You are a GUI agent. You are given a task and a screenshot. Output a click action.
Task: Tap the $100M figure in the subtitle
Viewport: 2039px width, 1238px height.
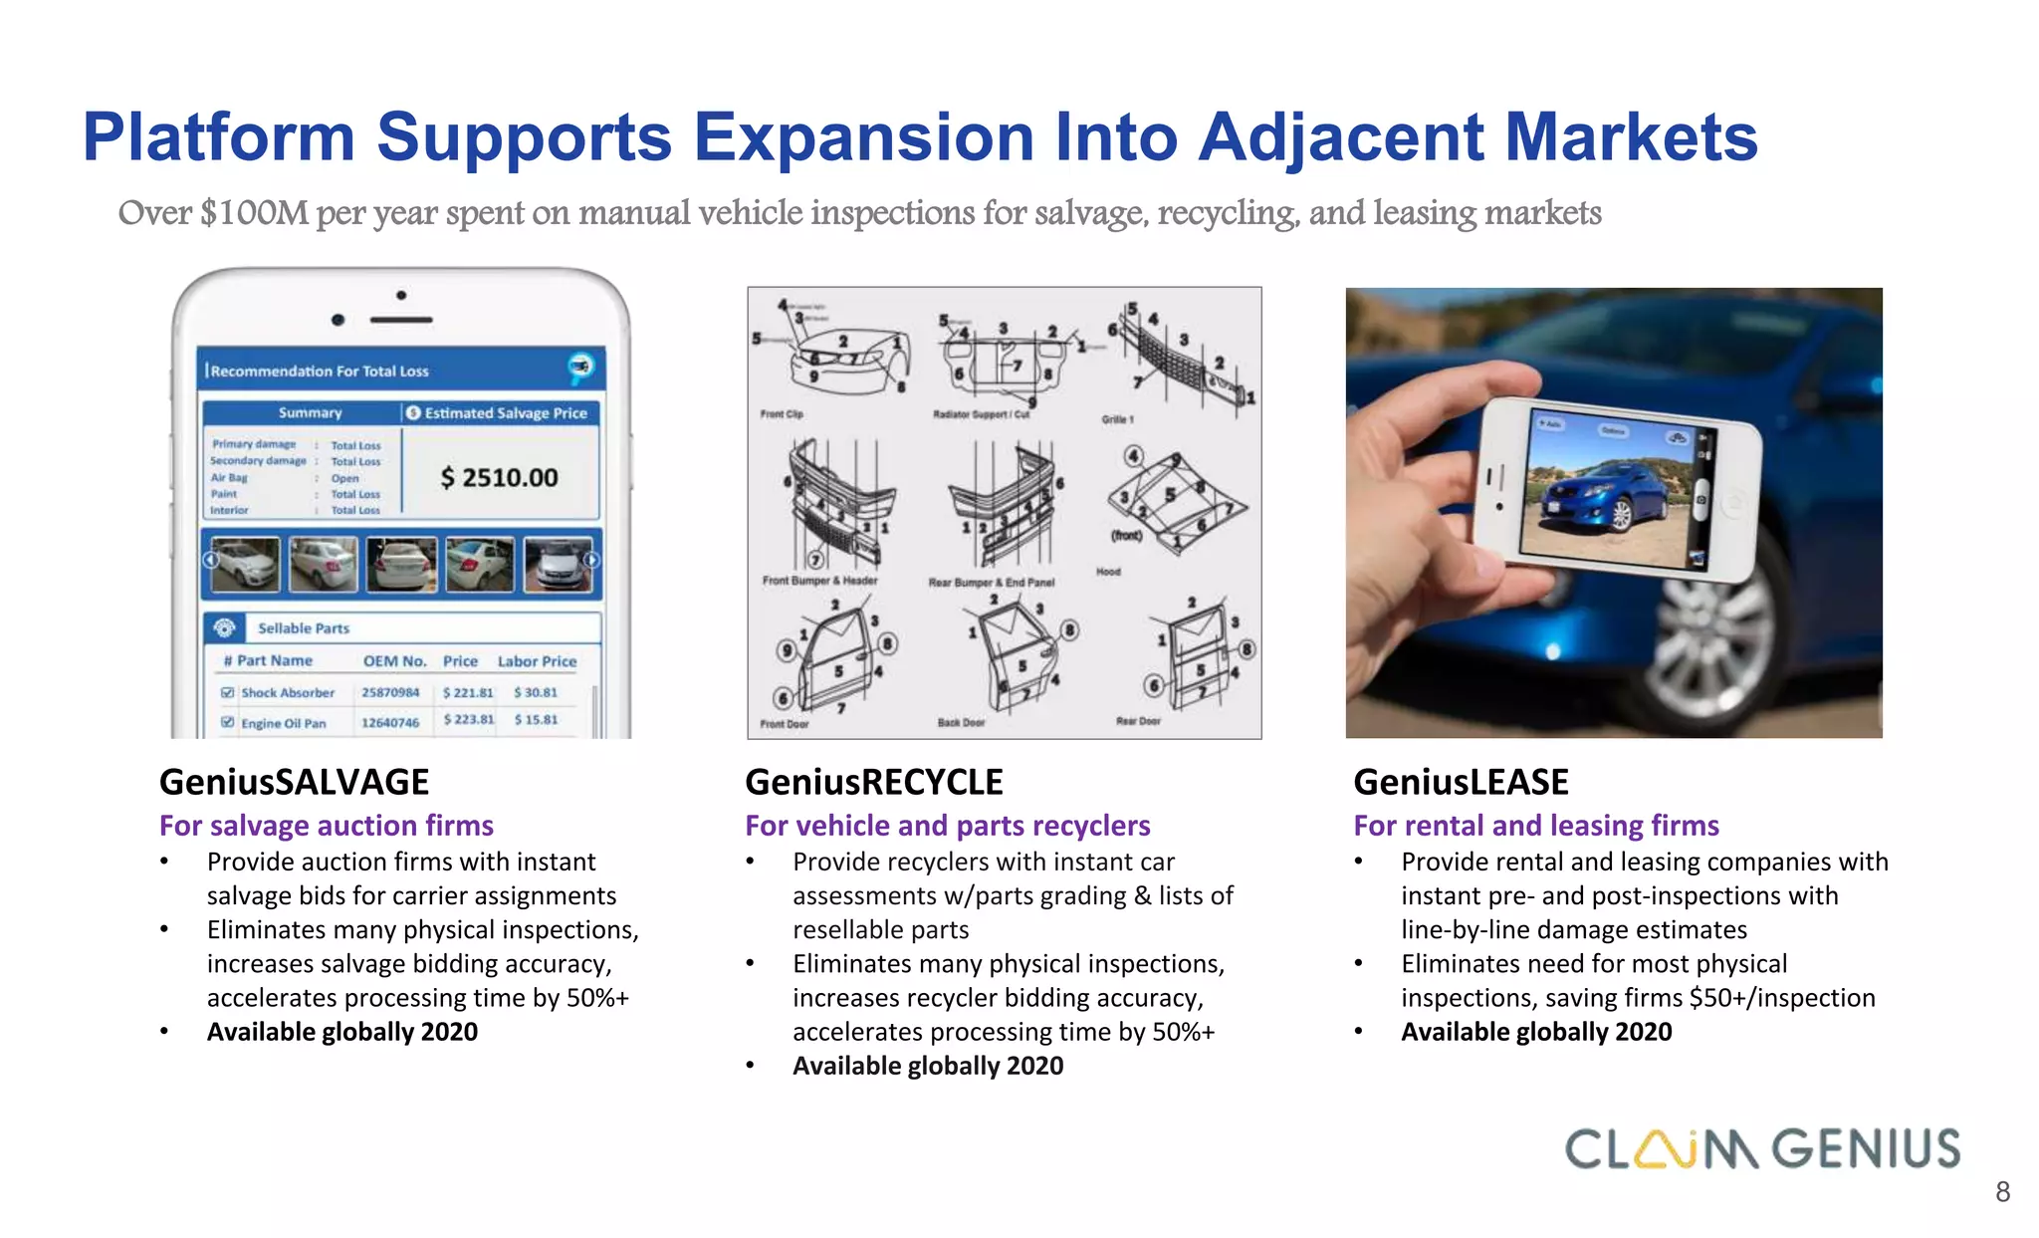(x=254, y=213)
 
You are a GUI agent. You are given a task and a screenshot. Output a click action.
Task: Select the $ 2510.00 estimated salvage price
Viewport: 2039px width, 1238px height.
(x=499, y=478)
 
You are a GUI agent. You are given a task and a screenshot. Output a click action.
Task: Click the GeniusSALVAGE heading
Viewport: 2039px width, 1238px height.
(x=294, y=782)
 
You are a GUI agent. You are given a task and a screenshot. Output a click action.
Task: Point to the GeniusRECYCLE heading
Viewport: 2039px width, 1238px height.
(x=873, y=782)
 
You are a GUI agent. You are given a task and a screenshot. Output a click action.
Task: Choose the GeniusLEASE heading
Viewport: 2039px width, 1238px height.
(x=1461, y=782)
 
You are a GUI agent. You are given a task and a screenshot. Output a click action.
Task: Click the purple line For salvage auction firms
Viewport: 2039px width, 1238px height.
(x=326, y=826)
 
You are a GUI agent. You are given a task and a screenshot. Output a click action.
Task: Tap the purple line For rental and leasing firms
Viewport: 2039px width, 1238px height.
(x=1535, y=826)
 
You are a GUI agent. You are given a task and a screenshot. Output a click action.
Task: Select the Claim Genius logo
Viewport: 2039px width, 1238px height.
(x=1762, y=1149)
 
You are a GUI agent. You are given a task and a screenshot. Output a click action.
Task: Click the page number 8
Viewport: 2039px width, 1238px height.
(x=2002, y=1192)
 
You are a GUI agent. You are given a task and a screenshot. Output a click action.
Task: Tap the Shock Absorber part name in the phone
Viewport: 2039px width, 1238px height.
(x=288, y=693)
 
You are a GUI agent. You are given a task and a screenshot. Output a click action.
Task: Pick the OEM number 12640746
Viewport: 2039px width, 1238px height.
(x=390, y=723)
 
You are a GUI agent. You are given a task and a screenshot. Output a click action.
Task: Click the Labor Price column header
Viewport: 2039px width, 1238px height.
(x=537, y=661)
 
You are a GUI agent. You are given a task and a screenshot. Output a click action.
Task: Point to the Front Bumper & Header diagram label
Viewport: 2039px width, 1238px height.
(x=819, y=581)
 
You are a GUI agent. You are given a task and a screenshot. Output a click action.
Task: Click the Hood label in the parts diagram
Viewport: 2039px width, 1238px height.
(x=1108, y=572)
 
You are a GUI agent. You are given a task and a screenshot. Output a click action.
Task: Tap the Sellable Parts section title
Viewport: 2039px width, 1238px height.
(x=304, y=628)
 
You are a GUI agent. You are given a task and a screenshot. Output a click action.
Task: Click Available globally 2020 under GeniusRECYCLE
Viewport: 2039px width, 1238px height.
(x=927, y=1066)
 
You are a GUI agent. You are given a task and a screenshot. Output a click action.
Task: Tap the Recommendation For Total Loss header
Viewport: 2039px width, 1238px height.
(x=320, y=371)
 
